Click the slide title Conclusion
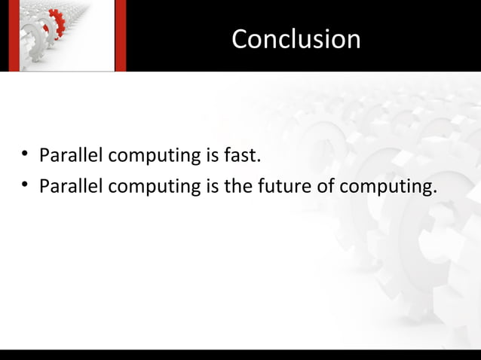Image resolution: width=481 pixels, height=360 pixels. [296, 39]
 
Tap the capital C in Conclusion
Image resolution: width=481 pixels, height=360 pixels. [240, 39]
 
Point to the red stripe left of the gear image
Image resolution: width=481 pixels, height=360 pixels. [13, 35]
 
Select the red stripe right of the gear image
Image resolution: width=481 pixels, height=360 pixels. [119, 35]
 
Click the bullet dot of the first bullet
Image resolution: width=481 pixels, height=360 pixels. [25, 156]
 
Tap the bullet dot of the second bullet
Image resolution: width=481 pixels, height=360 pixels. [25, 184]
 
